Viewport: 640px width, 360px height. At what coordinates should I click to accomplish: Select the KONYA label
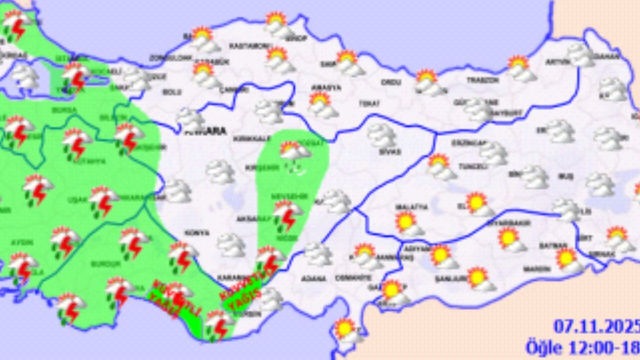[x=197, y=233]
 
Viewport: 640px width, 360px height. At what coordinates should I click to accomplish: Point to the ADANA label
[x=312, y=277]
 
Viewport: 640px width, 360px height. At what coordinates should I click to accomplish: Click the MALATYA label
[x=405, y=206]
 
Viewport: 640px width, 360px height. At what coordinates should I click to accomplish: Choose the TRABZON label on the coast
[x=482, y=80]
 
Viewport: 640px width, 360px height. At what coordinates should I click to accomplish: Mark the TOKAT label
[x=369, y=103]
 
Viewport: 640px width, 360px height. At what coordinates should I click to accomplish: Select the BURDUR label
[x=106, y=263]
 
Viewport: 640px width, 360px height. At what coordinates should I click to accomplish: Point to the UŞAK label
[x=77, y=199]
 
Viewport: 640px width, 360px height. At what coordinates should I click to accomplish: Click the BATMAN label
[x=552, y=245]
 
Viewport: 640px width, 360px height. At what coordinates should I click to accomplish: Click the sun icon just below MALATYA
[x=408, y=223]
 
